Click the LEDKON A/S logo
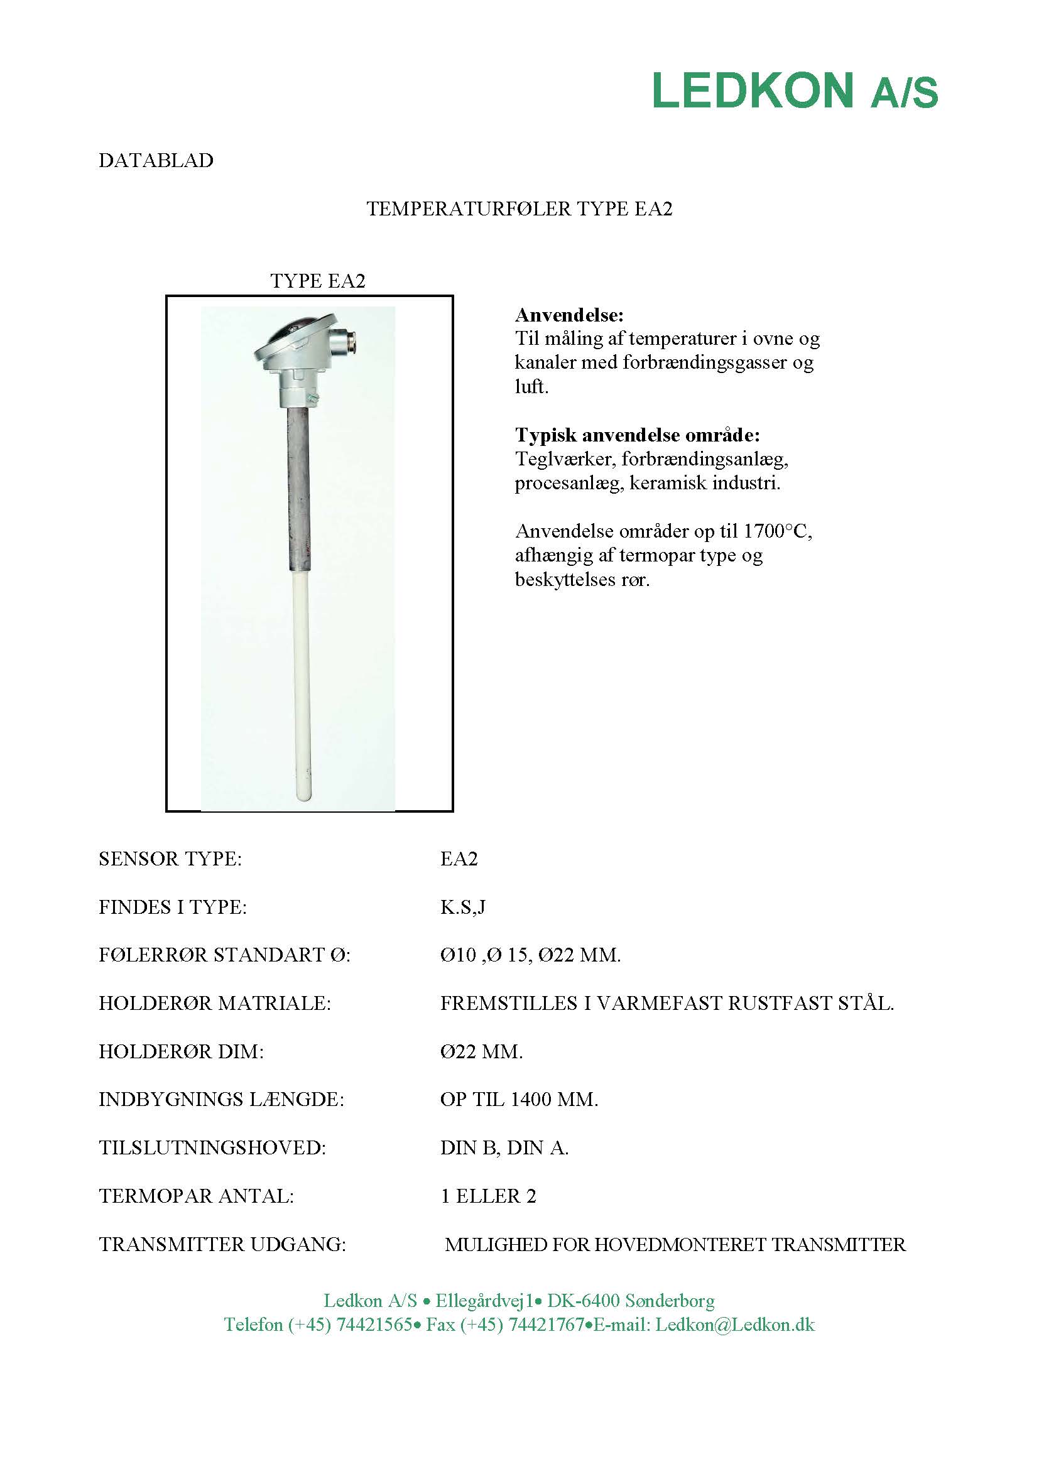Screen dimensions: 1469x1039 click(x=795, y=90)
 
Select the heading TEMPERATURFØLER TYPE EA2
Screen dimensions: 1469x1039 click(x=519, y=209)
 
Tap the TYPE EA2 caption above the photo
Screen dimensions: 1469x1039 click(x=317, y=281)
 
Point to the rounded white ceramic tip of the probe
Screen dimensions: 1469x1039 click(x=304, y=793)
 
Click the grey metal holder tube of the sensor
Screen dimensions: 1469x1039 click(x=298, y=486)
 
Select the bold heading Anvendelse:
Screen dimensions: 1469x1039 click(x=568, y=315)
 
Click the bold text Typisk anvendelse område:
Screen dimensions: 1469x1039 click(x=637, y=435)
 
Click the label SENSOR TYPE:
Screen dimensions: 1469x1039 click(x=170, y=859)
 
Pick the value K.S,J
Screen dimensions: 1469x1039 click(x=462, y=907)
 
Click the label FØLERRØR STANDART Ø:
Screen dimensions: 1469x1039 click(x=224, y=955)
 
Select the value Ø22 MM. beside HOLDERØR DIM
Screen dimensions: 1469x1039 click(x=481, y=1051)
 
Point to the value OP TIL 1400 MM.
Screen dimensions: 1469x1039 click(x=519, y=1099)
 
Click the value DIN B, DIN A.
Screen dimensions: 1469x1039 click(x=504, y=1148)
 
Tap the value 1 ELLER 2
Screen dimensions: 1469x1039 click(x=488, y=1196)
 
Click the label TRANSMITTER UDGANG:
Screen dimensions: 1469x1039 click(x=222, y=1244)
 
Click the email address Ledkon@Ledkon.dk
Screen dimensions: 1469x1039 click(x=734, y=1325)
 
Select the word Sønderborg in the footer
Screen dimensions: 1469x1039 click(x=669, y=1300)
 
